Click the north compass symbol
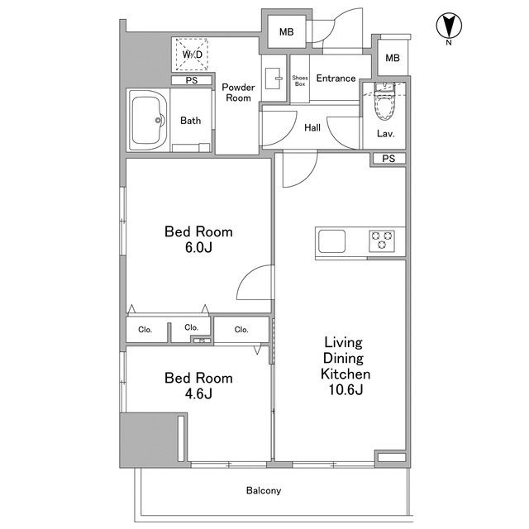click(x=449, y=26)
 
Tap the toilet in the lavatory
click(x=385, y=101)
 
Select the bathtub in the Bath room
click(x=147, y=120)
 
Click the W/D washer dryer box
click(x=192, y=55)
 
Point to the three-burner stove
click(x=382, y=241)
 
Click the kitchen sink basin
click(x=332, y=241)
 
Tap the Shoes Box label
click(x=300, y=81)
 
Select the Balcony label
click(x=264, y=490)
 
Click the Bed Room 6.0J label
click(x=198, y=240)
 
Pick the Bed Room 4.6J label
click(x=198, y=386)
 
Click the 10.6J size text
click(x=346, y=389)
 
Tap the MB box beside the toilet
click(x=393, y=58)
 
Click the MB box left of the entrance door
click(x=287, y=32)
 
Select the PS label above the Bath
click(x=192, y=81)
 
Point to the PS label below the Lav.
click(x=388, y=158)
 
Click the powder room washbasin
click(x=274, y=79)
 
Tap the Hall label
click(x=312, y=128)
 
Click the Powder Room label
click(x=239, y=93)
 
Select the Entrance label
click(x=336, y=79)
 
